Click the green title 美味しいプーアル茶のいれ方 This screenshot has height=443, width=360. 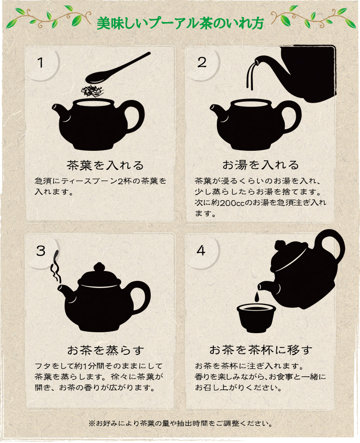pyautogui.click(x=180, y=23)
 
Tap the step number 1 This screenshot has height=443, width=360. pyautogui.click(x=40, y=63)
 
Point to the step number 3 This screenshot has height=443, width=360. pyautogui.click(x=40, y=251)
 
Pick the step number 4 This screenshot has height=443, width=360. pyautogui.click(x=201, y=250)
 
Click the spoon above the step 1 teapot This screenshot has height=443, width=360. pyautogui.click(x=118, y=68)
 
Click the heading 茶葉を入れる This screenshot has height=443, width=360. pyautogui.click(x=105, y=165)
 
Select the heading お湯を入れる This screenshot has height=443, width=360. pyautogui.click(x=261, y=165)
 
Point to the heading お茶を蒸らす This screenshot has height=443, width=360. pyautogui.click(x=106, y=350)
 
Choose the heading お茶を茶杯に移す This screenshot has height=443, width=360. pyautogui.click(x=261, y=350)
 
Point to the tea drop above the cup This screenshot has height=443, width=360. pyautogui.click(x=256, y=297)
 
